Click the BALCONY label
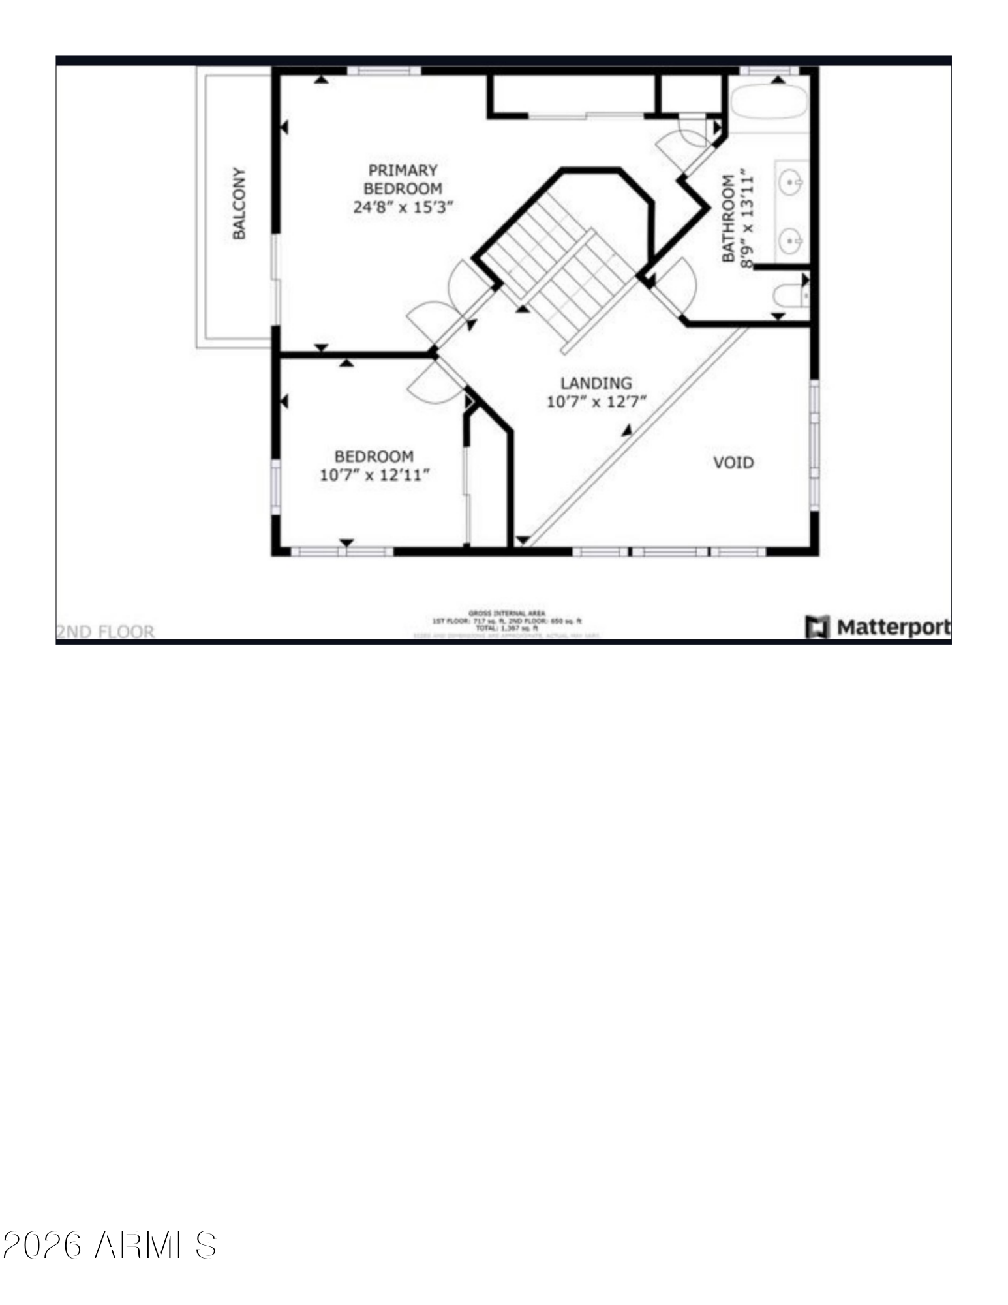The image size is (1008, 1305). click(x=239, y=204)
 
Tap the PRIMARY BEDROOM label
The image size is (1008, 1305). click(x=403, y=179)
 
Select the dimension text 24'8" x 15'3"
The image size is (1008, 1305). click(x=403, y=207)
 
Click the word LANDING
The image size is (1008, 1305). click(x=596, y=383)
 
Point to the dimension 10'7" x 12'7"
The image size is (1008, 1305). click(x=596, y=402)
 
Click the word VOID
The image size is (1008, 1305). click(x=733, y=463)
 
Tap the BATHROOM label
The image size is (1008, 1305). click(x=728, y=219)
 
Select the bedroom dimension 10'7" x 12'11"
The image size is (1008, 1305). click(x=374, y=475)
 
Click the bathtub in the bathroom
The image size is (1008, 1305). click(x=769, y=102)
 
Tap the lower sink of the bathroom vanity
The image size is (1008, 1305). click(x=791, y=241)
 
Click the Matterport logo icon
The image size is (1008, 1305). click(x=817, y=627)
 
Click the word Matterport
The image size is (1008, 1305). click(x=893, y=628)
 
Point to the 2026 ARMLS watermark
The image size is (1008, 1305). click(x=110, y=1245)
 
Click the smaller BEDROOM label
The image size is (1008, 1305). click(x=374, y=456)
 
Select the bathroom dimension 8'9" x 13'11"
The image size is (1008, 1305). click(x=747, y=221)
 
